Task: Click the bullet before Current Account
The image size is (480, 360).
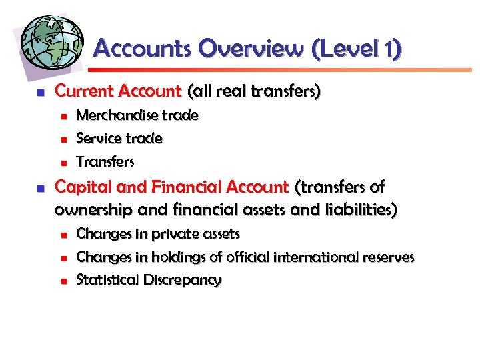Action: (x=40, y=91)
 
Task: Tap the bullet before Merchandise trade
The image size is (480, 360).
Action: (x=64, y=116)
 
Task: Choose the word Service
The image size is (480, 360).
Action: (x=99, y=139)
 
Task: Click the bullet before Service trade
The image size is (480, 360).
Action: (x=64, y=139)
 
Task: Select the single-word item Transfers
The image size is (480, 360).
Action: (x=105, y=162)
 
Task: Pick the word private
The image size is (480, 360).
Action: (x=175, y=234)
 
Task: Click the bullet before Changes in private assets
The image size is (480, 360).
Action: (x=64, y=235)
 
